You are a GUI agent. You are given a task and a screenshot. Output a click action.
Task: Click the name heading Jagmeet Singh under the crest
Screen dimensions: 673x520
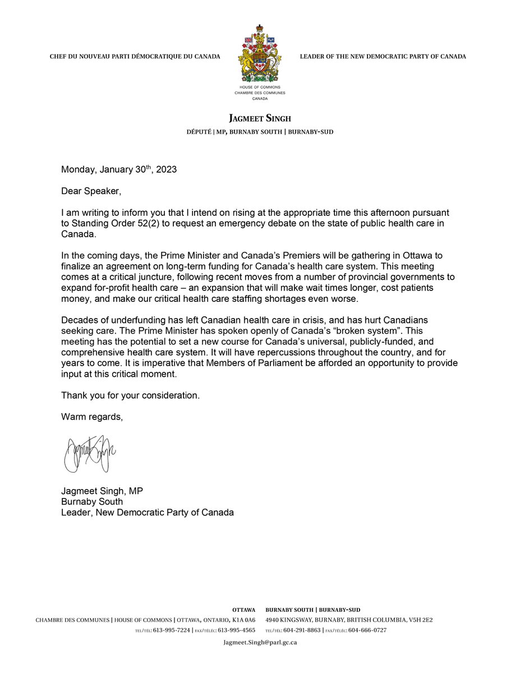coord(260,118)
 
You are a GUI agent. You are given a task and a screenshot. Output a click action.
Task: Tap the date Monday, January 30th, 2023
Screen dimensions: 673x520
coord(119,169)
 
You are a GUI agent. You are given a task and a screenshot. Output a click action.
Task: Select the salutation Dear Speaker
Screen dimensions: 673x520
coord(91,191)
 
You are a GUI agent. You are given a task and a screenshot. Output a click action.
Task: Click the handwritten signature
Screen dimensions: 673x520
coord(90,453)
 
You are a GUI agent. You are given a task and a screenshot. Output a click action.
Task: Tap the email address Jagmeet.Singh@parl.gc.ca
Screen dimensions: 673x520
coord(260,643)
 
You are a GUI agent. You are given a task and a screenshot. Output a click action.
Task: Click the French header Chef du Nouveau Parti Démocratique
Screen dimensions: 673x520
coord(135,57)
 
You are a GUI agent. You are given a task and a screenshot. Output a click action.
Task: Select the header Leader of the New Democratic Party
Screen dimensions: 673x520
coord(383,57)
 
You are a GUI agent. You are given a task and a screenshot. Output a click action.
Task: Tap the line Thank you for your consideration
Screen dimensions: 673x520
coord(130,395)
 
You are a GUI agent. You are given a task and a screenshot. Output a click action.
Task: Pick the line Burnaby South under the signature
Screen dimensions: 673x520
coord(92,501)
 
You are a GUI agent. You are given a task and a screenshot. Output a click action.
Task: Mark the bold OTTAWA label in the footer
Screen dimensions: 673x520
coord(244,610)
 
